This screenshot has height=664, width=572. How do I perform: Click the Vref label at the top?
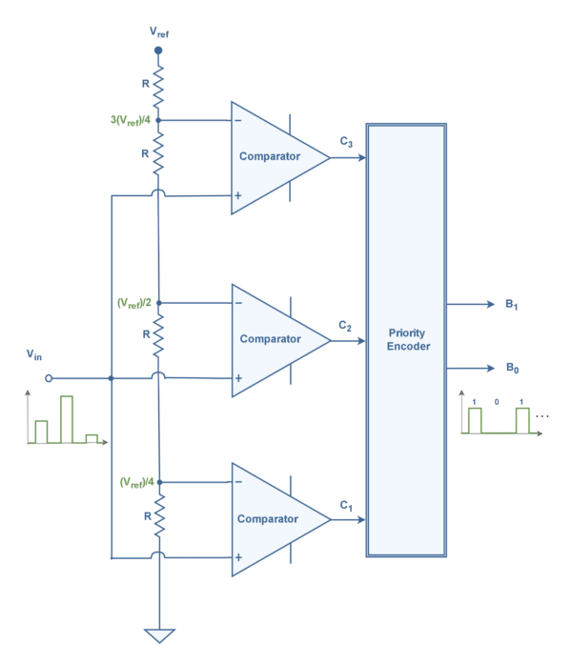pos(158,31)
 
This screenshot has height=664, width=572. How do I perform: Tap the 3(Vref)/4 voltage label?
pos(133,121)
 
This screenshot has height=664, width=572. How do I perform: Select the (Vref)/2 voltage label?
pos(134,302)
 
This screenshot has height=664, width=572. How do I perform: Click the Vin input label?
pos(34,354)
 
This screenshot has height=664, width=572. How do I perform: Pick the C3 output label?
pos(345,142)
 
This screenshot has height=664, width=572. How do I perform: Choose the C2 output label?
pos(345,325)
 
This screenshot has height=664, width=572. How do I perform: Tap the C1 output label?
pos(345,506)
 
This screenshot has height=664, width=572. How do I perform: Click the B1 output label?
pos(512,305)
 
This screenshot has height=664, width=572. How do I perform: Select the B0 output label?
pos(512,367)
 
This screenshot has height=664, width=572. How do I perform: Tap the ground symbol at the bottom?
pos(158,635)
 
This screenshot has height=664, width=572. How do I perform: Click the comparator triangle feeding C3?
pos(272,157)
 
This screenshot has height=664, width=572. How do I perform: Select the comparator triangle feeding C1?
pos(272,519)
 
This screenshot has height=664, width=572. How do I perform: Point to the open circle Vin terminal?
pos(49,377)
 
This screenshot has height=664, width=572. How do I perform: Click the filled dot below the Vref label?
pos(158,50)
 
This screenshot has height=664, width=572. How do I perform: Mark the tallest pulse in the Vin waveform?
pos(66,419)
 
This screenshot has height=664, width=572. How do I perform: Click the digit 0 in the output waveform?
pos(496,402)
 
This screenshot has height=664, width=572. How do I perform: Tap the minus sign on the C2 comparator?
pos(238,303)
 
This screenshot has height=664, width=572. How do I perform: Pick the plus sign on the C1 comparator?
pos(238,556)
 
